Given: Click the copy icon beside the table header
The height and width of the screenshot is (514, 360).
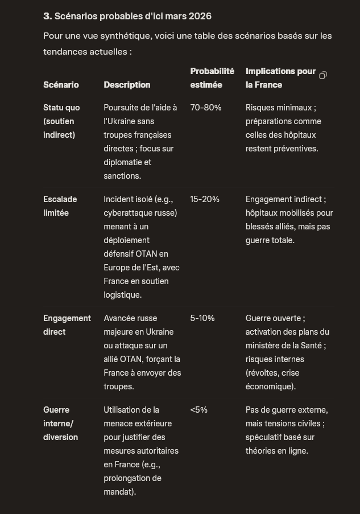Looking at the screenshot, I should [x=323, y=75].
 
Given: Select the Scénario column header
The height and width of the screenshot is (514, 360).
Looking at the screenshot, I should [x=61, y=85].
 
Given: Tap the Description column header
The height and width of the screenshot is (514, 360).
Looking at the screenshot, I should [x=127, y=85].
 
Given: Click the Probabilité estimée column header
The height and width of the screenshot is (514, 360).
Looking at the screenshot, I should [x=212, y=78].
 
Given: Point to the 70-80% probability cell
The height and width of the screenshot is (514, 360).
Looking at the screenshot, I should [x=206, y=108].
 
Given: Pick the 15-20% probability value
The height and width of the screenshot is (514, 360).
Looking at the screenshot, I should [x=205, y=199].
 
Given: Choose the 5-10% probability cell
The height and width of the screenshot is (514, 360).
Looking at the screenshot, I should [x=202, y=318].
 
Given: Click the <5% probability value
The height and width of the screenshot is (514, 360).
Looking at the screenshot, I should [x=199, y=410].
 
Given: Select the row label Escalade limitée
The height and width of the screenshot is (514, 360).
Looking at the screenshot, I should [x=60, y=206].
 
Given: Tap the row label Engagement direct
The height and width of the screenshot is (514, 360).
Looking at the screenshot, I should [x=67, y=325].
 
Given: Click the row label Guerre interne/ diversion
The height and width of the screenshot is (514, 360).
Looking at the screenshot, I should [x=60, y=423].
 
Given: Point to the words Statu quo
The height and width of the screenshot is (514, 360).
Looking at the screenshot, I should [x=61, y=108].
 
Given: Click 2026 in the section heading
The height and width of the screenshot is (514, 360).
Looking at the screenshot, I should [x=200, y=16].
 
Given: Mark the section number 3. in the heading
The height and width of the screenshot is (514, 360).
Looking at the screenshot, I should [x=47, y=16].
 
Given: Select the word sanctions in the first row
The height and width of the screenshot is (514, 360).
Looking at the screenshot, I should [x=122, y=176].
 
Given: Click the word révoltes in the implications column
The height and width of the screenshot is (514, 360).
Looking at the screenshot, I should [x=266, y=373].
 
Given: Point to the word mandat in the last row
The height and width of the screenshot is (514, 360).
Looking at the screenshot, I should [x=118, y=492].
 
